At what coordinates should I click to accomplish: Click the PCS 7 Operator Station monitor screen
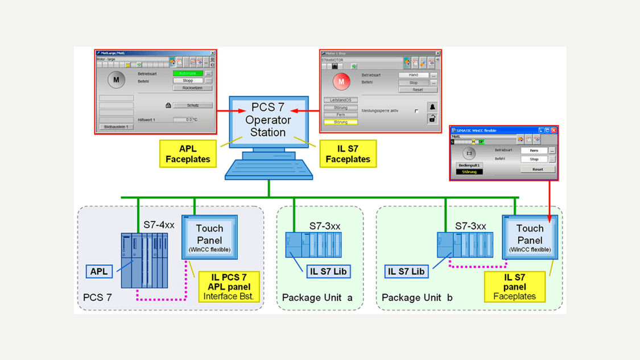tap(269, 121)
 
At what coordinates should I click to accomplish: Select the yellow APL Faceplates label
tap(188, 154)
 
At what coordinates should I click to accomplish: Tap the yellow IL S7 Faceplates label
tap(348, 154)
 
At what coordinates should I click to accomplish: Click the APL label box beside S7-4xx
tap(99, 271)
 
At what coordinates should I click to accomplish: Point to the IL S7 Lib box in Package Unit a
tap(328, 271)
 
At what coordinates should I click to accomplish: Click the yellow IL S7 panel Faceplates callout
tap(514, 287)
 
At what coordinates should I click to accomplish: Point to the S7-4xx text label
tap(159, 225)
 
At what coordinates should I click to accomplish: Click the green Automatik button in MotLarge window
tap(188, 73)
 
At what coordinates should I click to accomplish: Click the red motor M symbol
tap(341, 82)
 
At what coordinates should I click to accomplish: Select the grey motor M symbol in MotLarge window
tap(116, 80)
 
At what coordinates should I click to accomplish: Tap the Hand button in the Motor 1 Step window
tap(414, 75)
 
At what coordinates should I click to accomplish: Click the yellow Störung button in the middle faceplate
tap(341, 122)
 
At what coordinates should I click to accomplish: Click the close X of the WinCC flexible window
tap(554, 130)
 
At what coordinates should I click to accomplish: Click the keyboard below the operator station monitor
tap(269, 169)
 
